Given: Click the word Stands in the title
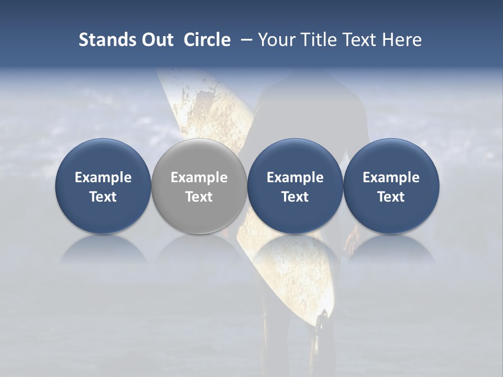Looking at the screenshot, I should coord(103,40).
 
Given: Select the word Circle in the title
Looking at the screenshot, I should coord(207,40).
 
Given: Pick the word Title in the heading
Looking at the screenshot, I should coord(317,40).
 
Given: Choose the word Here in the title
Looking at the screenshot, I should coord(402,40).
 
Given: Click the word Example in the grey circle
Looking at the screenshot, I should coord(199,178).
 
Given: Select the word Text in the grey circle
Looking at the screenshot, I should coord(199,197).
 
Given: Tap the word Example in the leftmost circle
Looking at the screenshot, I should coord(103,178).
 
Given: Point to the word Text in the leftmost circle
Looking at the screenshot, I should coord(103,197).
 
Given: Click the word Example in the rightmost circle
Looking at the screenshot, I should coord(391,178).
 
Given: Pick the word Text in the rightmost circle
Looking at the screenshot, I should coord(391,197).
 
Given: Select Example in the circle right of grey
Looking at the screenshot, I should coord(295,178).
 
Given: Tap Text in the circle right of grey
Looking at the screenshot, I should coord(295,197).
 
